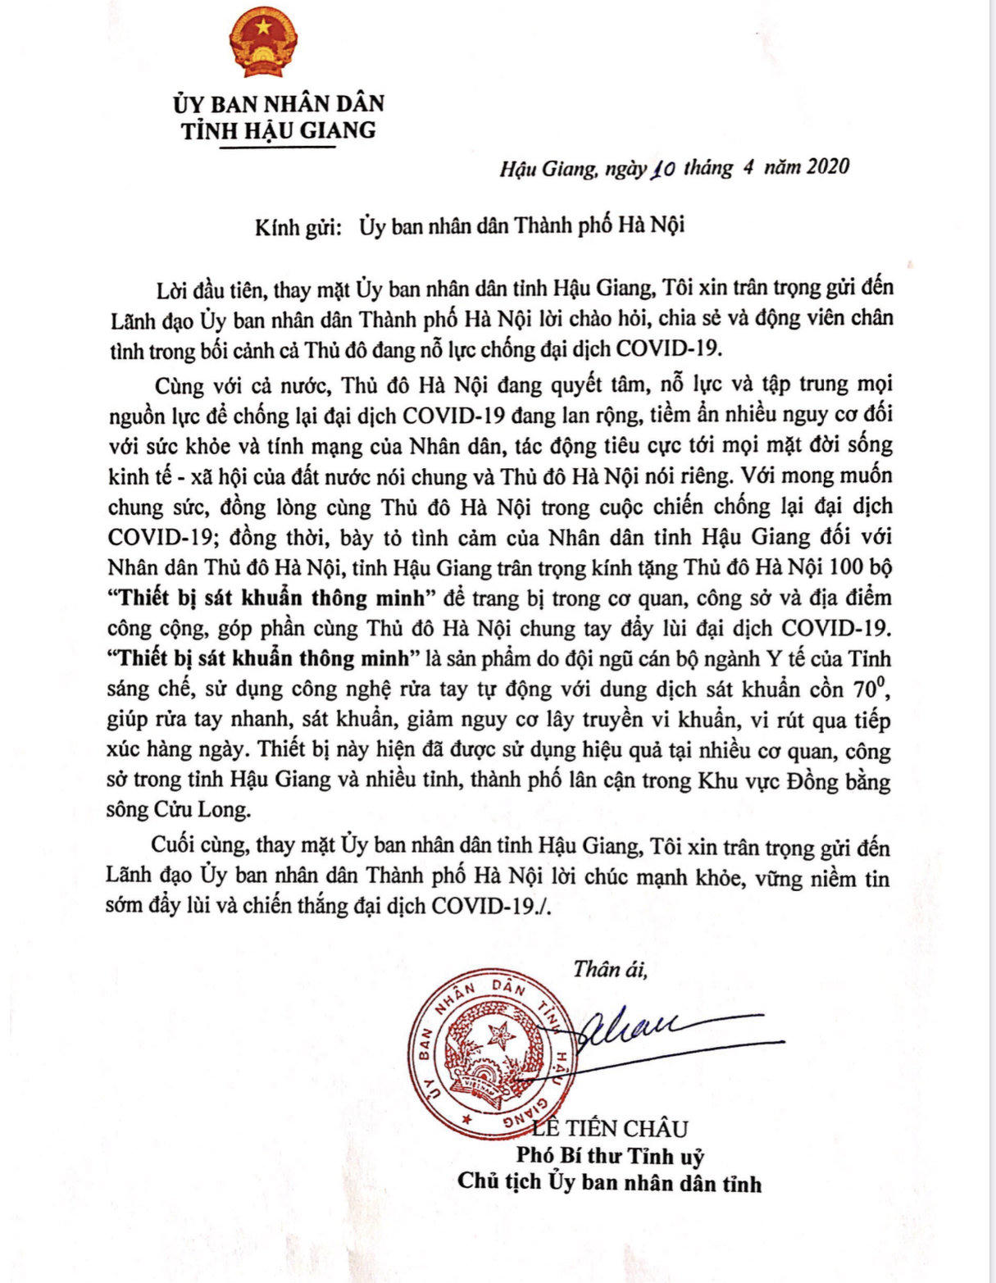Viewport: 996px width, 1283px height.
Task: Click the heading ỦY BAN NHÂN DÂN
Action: click(278, 104)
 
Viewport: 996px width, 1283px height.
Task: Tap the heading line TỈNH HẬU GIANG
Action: click(278, 130)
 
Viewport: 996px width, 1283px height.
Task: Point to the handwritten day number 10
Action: click(662, 169)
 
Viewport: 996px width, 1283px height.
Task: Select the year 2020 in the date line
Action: click(828, 167)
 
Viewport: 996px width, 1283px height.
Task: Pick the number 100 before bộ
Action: click(847, 567)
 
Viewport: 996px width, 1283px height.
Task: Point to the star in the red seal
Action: click(499, 1035)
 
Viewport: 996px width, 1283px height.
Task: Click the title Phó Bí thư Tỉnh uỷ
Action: click(610, 1156)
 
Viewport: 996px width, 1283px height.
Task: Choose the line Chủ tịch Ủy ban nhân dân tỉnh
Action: click(610, 1182)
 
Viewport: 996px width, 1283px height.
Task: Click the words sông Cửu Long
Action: click(177, 810)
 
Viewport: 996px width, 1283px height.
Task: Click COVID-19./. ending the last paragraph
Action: click(498, 906)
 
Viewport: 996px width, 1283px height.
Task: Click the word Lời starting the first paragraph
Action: click(173, 289)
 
